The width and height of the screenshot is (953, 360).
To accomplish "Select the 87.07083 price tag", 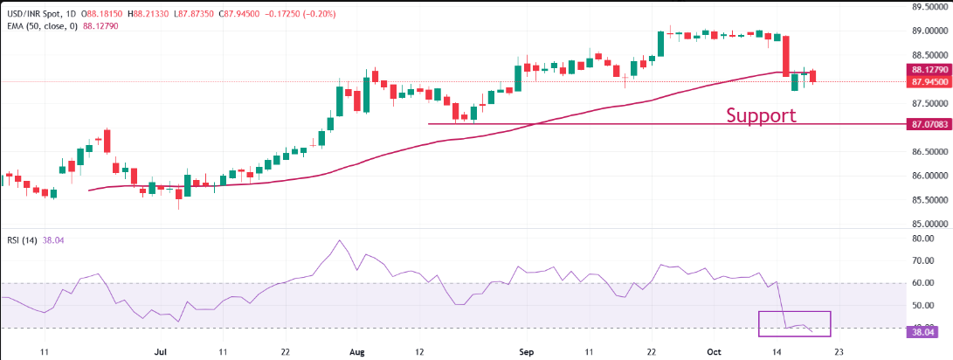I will (929, 124).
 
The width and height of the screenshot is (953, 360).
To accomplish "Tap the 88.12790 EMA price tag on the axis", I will (929, 70).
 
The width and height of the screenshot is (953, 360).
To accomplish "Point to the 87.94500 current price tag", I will (929, 81).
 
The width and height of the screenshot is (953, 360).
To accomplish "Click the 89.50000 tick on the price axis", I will (929, 6).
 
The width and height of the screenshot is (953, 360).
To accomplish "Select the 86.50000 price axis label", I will (929, 151).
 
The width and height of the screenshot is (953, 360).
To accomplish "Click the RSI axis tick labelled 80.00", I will (924, 238).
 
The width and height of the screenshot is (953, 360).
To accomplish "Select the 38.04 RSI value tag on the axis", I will (923, 332).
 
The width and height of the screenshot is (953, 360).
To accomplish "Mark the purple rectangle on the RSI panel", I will (794, 323).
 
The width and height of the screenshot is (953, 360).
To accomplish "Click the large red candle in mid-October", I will (786, 55).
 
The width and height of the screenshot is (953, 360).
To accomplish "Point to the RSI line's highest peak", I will (339, 240).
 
